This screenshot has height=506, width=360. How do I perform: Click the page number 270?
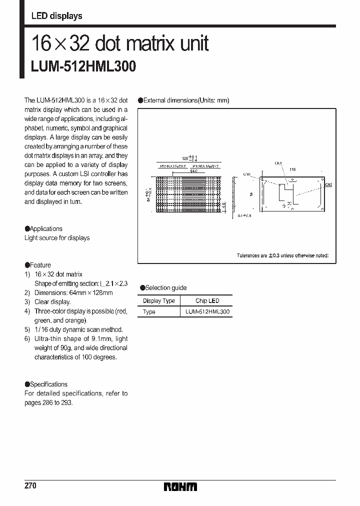point(30,486)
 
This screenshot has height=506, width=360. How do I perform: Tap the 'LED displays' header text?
point(56,16)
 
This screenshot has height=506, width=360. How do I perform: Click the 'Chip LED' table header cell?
point(207,301)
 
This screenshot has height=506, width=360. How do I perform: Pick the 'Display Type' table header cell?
point(158,301)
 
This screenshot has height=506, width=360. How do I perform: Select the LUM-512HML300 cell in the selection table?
point(207,312)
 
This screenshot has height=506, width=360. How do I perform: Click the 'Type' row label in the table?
point(149,312)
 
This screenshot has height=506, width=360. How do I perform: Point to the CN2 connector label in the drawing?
point(328,184)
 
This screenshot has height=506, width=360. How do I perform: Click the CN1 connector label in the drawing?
point(246,174)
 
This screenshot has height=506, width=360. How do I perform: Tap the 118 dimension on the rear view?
point(292,169)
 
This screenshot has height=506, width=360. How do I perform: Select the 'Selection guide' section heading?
point(165,287)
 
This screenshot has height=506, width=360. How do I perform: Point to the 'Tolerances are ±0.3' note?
point(282,255)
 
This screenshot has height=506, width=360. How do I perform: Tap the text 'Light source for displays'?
point(57,238)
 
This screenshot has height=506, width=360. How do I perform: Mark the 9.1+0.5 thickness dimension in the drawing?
point(245,215)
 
